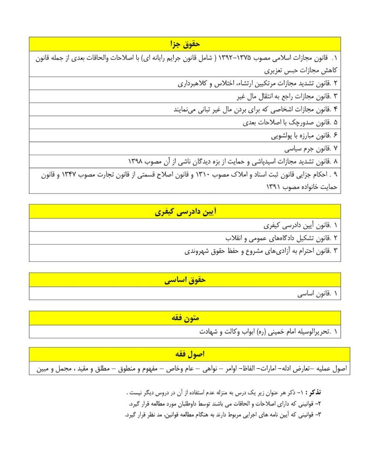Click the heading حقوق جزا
185,44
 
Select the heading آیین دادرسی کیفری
185,212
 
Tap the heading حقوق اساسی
185,280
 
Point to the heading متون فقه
185,318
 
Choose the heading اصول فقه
190,354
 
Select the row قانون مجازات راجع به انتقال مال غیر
283,97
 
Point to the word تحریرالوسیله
312,332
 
